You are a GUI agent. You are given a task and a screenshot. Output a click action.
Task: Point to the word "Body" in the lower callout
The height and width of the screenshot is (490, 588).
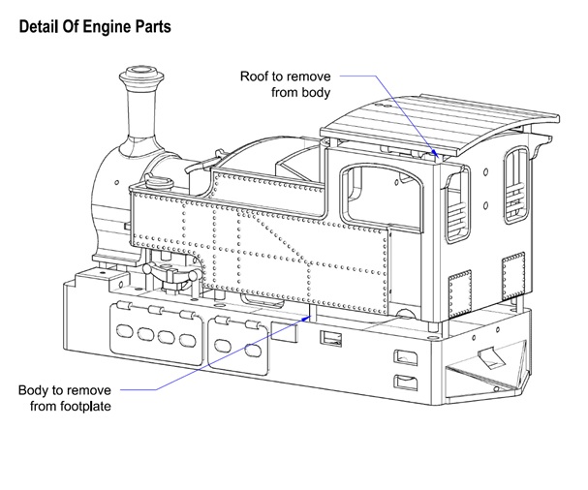point(35,390)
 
